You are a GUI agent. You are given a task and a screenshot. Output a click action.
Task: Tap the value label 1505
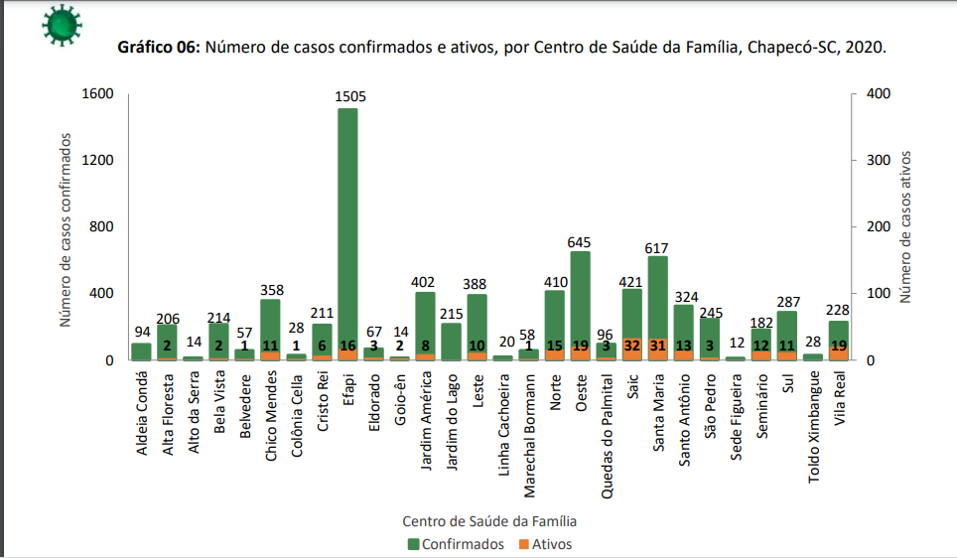[x=350, y=96]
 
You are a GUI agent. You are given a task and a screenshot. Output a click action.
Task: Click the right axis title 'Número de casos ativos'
[x=905, y=226]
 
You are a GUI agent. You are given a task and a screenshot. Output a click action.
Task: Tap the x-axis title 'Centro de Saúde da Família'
[x=489, y=520]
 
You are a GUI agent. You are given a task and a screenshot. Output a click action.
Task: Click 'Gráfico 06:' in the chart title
[x=160, y=48]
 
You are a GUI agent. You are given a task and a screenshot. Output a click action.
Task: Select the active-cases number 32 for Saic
[x=631, y=345]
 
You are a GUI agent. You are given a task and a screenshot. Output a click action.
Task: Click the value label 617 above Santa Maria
[x=658, y=247]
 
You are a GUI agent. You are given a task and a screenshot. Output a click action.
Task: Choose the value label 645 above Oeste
[x=580, y=241]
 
